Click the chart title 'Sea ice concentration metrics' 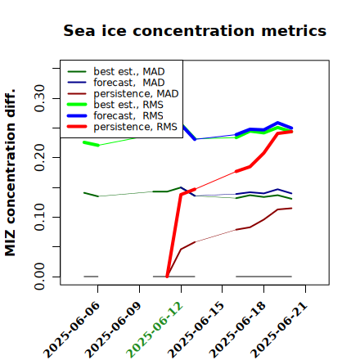(195, 30)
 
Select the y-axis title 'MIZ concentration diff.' (10, 173)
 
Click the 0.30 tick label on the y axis (40, 98)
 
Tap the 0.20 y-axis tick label (40, 157)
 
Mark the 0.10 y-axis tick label (40, 217)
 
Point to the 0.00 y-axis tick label (40, 277)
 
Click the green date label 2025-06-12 (155, 330)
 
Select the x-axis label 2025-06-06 (71, 330)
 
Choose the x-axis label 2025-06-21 (279, 330)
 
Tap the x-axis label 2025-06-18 (237, 330)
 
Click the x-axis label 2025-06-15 (196, 330)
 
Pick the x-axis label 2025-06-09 (113, 330)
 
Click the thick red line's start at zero (167, 277)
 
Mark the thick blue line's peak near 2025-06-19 (277, 123)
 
